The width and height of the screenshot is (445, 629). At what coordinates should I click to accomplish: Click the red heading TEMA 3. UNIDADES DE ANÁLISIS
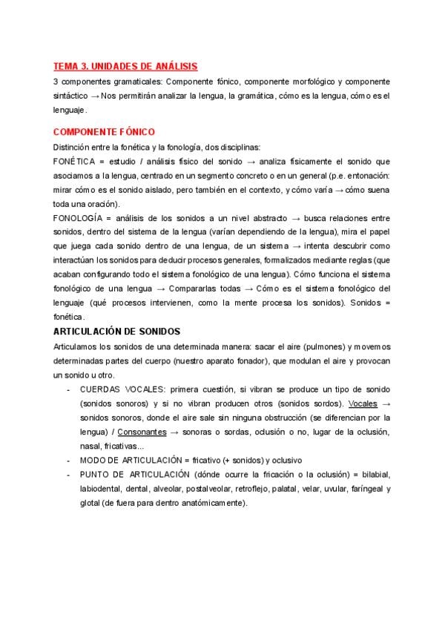(x=125, y=67)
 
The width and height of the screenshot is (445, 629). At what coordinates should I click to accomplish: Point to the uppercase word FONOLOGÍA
(x=77, y=218)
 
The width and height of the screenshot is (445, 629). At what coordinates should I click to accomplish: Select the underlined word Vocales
(x=363, y=404)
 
